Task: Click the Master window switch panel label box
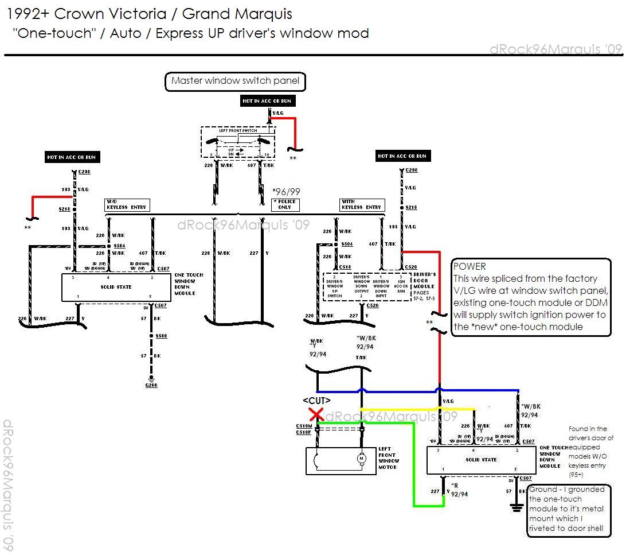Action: pyautogui.click(x=235, y=81)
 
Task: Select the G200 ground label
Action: pyautogui.click(x=151, y=385)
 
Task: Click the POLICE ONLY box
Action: pyautogui.click(x=285, y=204)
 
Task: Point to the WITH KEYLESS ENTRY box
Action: pyautogui.click(x=361, y=204)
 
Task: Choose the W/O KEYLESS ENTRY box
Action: pyautogui.click(x=126, y=204)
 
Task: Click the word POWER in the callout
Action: pyautogui.click(x=469, y=266)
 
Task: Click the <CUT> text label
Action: pyautogui.click(x=316, y=400)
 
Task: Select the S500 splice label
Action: pyautogui.click(x=162, y=336)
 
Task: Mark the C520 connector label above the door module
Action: pyautogui.click(x=411, y=267)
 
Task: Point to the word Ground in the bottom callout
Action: pyautogui.click(x=543, y=490)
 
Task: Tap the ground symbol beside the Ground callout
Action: pyautogui.click(x=516, y=507)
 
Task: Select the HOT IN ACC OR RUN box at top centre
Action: pyautogui.click(x=267, y=101)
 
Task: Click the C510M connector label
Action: pyautogui.click(x=304, y=426)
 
